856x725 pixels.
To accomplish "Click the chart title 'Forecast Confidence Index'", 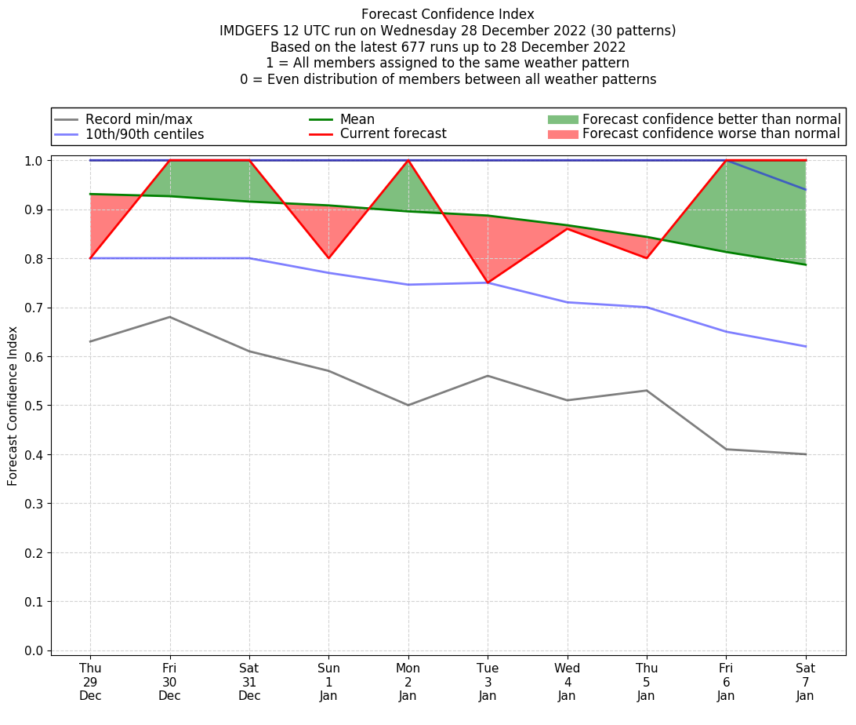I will pos(448,14).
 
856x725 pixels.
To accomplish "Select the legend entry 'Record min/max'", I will pos(139,119).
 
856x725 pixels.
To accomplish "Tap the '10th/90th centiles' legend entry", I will pos(144,134).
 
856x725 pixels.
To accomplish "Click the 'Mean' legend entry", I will pos(357,119).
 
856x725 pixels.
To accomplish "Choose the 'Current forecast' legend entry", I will pos(393,134).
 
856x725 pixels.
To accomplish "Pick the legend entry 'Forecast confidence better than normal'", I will pos(711,119).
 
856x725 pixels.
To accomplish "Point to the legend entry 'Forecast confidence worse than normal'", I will pos(710,134).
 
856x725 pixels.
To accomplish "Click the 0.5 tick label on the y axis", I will pos(34,406).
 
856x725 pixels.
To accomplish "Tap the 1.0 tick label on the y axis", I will pos(34,160).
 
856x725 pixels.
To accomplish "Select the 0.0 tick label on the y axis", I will pos(34,650).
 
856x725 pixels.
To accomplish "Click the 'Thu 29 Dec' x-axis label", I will pos(90,682).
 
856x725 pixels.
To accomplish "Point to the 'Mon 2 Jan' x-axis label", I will pos(408,682).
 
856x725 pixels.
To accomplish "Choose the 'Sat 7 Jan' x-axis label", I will pos(805,682).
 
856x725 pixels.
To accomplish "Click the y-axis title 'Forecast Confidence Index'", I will pos(13,406).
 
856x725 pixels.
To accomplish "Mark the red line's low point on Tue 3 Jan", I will pos(488,282).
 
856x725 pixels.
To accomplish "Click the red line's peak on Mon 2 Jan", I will pos(408,160).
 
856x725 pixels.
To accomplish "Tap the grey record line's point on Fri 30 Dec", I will pos(169,317).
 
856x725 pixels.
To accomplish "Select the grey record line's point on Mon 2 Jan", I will pos(408,405).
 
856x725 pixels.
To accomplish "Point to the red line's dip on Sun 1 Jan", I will pos(328,258).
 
